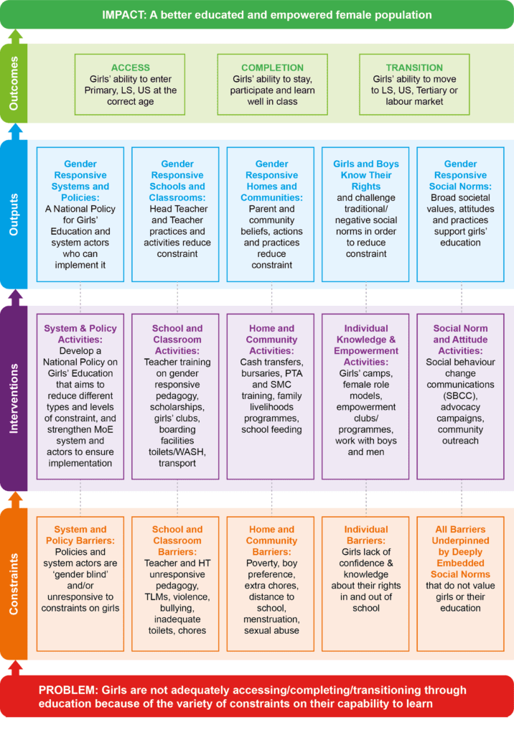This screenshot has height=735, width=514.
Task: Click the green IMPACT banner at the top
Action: click(x=257, y=14)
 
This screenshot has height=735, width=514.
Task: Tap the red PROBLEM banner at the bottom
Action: click(x=257, y=696)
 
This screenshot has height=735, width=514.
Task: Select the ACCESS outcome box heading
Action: click(x=131, y=67)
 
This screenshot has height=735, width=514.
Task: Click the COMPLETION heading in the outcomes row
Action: click(x=273, y=67)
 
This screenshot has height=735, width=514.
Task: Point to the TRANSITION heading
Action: click(x=414, y=67)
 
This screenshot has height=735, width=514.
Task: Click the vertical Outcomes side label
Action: click(x=14, y=83)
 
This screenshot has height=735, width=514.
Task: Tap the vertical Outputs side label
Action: click(x=14, y=214)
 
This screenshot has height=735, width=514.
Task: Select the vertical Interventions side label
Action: click(x=14, y=398)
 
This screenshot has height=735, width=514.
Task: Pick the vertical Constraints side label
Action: click(x=14, y=584)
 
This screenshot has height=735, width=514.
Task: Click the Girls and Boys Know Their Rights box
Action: click(x=366, y=214)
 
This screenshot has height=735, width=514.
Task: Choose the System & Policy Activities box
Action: click(x=80, y=396)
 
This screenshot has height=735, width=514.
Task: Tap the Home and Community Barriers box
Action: click(x=271, y=584)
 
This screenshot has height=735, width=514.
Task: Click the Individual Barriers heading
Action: click(x=366, y=535)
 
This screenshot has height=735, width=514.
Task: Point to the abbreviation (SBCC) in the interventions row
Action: click(x=460, y=395)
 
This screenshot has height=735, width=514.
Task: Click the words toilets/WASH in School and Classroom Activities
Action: click(x=177, y=452)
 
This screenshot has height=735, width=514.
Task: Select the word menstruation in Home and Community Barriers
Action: click(x=271, y=619)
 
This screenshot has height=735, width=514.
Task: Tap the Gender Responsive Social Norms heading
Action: click(x=461, y=175)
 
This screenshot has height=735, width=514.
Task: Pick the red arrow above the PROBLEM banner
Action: click(x=16, y=668)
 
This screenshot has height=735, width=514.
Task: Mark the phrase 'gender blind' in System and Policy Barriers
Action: click(x=80, y=574)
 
